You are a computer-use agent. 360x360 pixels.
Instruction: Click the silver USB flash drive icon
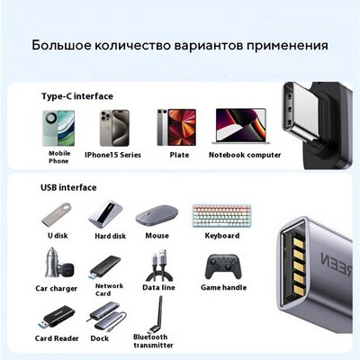pyautogui.click(x=57, y=215)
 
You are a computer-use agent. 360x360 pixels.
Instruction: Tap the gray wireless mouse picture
pyautogui.click(x=157, y=215)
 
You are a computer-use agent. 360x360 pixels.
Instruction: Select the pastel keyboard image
pyautogui.click(x=222, y=216)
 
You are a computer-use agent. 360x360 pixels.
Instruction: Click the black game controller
pyautogui.click(x=223, y=266)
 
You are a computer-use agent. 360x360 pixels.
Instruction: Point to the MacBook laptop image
pyautogui.click(x=240, y=126)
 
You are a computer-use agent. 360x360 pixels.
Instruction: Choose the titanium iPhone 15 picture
pyautogui.click(x=114, y=128)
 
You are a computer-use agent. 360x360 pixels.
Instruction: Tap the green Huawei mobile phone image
pyautogui.click(x=58, y=128)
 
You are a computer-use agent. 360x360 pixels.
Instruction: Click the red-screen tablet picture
pyautogui.click(x=176, y=128)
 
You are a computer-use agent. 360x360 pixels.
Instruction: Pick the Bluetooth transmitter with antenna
pyautogui.click(x=157, y=314)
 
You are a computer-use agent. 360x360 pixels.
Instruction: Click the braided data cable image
pyautogui.click(x=159, y=264)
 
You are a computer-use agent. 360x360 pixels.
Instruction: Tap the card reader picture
pyautogui.click(x=57, y=317)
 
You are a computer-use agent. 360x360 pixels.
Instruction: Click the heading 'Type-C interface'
pyautogui.click(x=77, y=96)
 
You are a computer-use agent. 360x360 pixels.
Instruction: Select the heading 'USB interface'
pyautogui.click(x=68, y=187)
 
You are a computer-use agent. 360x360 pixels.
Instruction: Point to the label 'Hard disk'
pyautogui.click(x=110, y=236)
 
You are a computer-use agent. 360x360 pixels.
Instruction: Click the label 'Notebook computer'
pyautogui.click(x=245, y=155)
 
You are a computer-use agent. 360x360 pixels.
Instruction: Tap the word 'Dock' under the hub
pyautogui.click(x=99, y=338)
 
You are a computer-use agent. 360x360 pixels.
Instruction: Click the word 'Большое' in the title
pyautogui.click(x=61, y=45)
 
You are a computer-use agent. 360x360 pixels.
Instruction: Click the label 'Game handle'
pyautogui.click(x=223, y=287)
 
